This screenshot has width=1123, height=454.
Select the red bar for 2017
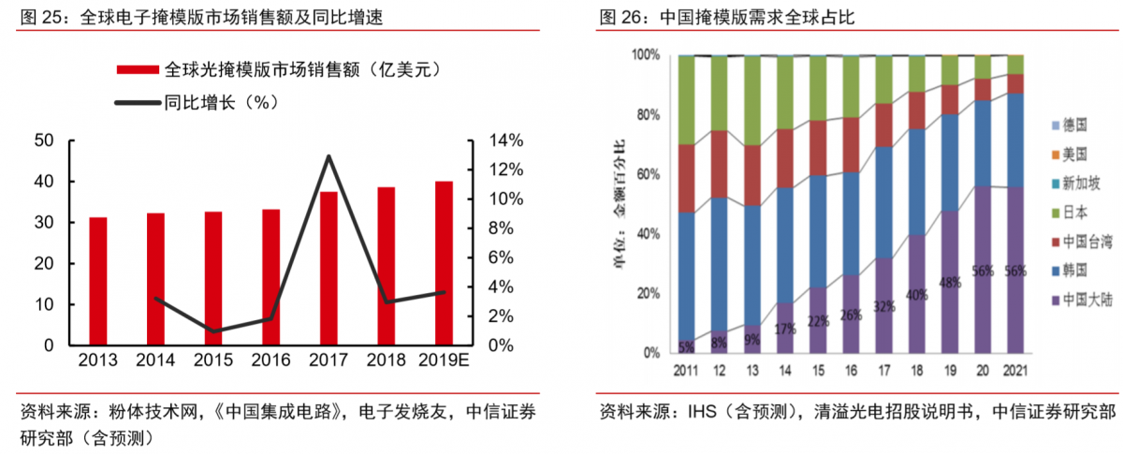328,269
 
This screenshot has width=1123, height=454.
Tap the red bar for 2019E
444,263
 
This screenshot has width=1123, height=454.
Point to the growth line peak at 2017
328,156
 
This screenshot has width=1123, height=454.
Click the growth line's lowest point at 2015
213,331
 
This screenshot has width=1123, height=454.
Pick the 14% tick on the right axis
506,140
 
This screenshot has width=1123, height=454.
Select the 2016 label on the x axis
270,361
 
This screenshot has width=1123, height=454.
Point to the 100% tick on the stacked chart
646,56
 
